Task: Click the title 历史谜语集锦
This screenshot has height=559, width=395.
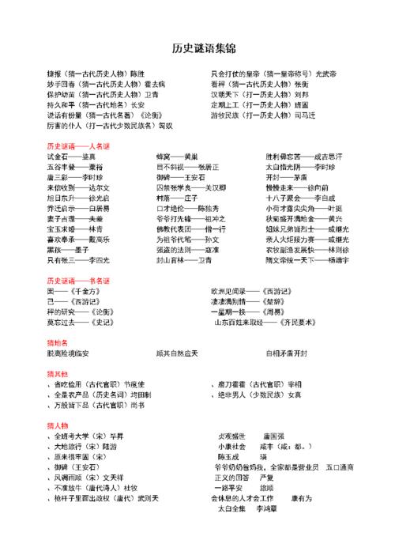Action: click(x=197, y=49)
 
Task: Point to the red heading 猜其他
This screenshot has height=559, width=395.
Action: click(x=58, y=373)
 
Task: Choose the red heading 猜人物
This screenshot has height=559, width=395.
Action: click(x=58, y=425)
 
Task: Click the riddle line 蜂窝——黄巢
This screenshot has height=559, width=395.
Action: click(x=178, y=157)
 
